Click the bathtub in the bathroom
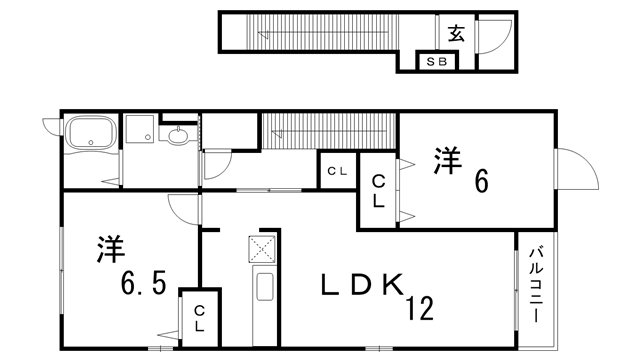coord(92,133)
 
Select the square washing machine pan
coord(138,129)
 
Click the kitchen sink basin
coord(264,288)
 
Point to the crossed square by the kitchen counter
coord(262,247)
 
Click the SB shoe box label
coord(438,62)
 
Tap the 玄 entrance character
coord(456,33)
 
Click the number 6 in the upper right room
coord(481,181)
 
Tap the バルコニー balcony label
coord(536,285)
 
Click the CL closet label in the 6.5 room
coord(199,319)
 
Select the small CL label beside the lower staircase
coord(337,171)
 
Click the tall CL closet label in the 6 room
coord(379,191)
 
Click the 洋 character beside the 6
coord(446,160)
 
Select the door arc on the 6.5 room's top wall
coord(181,205)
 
